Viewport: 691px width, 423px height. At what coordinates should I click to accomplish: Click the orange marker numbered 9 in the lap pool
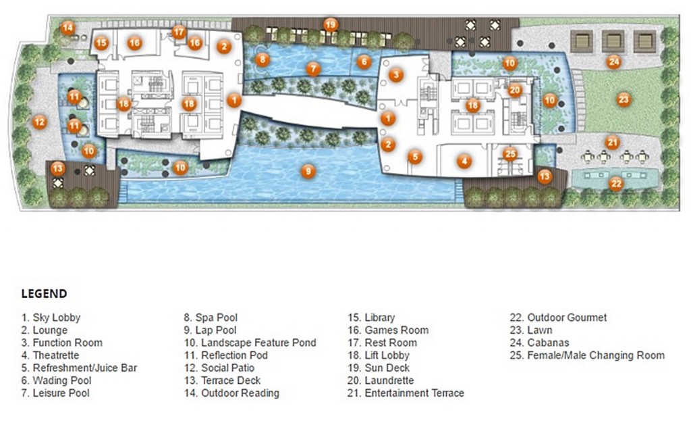[x=308, y=171]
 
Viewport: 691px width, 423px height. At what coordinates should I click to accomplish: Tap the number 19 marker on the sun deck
[x=331, y=25]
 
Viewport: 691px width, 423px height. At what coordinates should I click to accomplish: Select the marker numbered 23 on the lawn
[x=623, y=99]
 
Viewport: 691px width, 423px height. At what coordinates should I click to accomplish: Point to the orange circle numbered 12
[x=40, y=122]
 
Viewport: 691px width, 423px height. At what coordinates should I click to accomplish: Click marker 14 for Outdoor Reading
[x=67, y=28]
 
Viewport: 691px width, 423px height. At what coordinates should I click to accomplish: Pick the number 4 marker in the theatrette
[x=464, y=161]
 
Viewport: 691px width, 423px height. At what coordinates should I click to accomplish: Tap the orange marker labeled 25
[x=510, y=154]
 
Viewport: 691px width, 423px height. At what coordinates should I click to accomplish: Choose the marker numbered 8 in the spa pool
[x=262, y=59]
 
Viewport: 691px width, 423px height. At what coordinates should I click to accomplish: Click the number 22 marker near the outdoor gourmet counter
[x=616, y=184]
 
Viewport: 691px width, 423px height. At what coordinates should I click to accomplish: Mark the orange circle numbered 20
[x=515, y=91]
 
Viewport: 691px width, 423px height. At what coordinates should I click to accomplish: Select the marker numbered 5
[x=415, y=157]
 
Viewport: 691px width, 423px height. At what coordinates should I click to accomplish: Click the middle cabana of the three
[x=613, y=41]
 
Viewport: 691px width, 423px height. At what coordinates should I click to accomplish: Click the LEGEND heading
[x=44, y=294]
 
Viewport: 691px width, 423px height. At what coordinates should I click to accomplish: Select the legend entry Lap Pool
[x=211, y=330]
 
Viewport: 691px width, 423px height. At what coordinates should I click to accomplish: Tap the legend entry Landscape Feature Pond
[x=250, y=343]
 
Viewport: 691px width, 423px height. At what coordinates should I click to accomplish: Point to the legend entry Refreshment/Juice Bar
[x=80, y=368]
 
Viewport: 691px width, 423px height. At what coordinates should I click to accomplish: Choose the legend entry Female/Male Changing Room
[x=588, y=355]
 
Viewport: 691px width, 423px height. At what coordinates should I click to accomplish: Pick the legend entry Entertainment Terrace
[x=406, y=393]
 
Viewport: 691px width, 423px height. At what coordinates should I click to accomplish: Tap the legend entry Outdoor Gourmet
[x=558, y=317]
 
